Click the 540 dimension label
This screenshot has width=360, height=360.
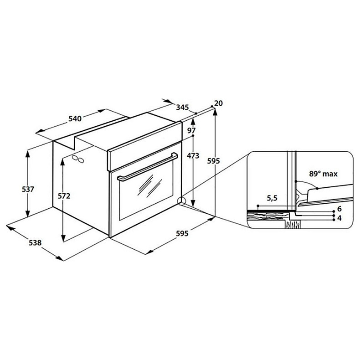[75, 118]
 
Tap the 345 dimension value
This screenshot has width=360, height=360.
[182, 107]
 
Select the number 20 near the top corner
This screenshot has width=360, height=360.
[218, 103]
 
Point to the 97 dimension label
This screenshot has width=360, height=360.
[191, 130]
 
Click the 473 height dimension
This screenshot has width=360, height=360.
[193, 156]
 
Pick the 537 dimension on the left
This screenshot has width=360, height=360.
[28, 190]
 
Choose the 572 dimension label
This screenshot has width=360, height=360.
[64, 196]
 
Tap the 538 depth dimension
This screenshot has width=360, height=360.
[35, 242]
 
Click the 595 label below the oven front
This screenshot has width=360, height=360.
[182, 233]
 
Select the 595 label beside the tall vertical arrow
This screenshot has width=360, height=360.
[214, 161]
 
